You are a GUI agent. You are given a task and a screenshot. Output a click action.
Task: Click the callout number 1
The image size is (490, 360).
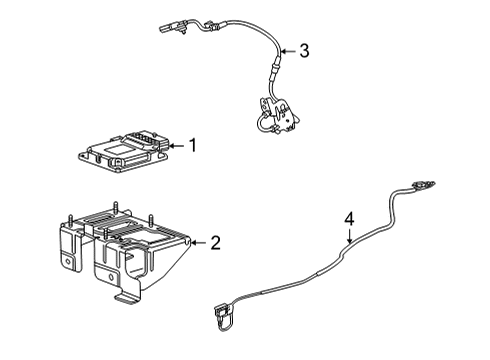pos(193,145)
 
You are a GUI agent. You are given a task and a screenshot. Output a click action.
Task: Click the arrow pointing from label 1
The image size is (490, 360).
pos(176,146)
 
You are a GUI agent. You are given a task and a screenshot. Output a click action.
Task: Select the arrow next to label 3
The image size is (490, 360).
pos(288,52)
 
